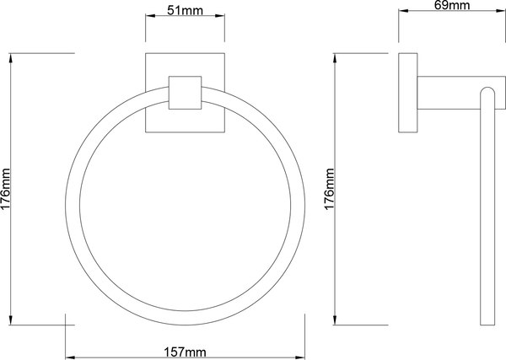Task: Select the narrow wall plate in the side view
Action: (x=407, y=93)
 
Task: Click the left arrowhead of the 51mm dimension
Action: (x=149, y=18)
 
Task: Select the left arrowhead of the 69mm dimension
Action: (x=401, y=11)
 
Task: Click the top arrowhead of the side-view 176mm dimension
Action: (x=338, y=56)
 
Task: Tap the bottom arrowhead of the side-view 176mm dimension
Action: (x=338, y=324)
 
